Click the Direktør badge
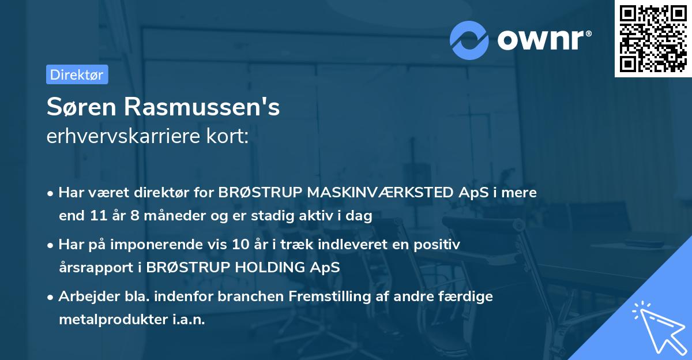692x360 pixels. [77, 74]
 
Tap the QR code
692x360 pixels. [653, 38]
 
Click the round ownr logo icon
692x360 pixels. [470, 40]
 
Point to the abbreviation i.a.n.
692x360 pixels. [187, 320]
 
